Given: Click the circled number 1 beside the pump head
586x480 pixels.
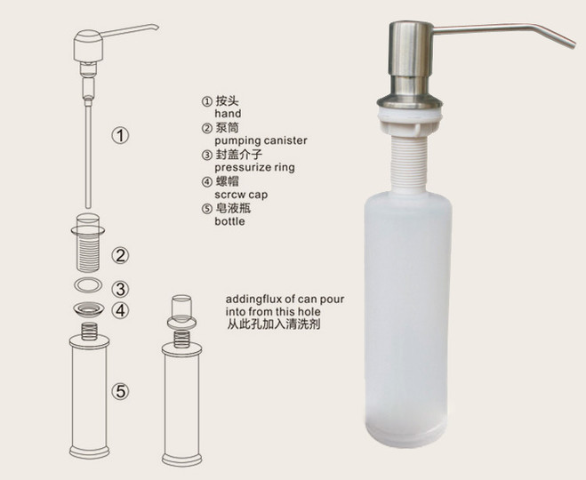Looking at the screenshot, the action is [120, 135].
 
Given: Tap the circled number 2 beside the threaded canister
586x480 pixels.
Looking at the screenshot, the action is [120, 256].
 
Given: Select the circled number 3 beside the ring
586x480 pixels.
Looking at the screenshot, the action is [120, 289].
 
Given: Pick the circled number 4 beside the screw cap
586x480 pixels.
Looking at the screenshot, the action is [120, 310].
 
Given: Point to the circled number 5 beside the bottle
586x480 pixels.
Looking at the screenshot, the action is [120, 391].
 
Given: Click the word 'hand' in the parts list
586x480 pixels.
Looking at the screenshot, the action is [228, 113].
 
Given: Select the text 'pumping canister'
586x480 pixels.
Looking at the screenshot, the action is [261, 140].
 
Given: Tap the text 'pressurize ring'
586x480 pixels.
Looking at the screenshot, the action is [254, 168].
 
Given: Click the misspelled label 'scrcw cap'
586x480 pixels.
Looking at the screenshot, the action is [241, 195].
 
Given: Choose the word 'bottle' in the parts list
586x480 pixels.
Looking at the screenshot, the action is [229, 221].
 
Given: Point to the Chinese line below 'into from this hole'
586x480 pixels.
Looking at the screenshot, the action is [273, 324].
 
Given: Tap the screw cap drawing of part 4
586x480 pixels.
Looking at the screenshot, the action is [88, 309].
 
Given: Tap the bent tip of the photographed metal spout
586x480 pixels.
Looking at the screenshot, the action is [572, 45].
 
